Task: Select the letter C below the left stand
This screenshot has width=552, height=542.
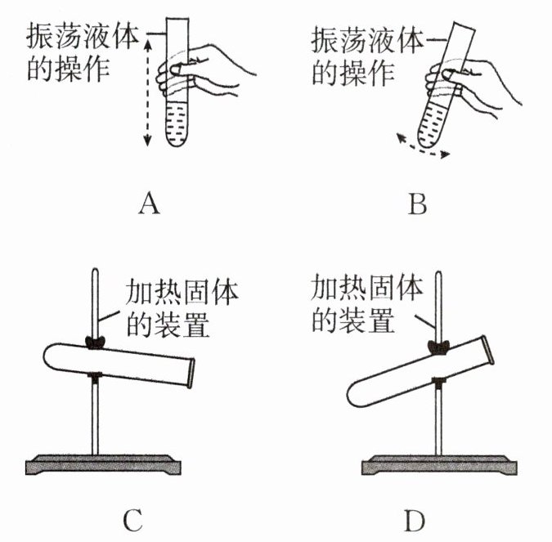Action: [x=133, y=518]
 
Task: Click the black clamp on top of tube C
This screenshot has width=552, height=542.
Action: [x=96, y=343]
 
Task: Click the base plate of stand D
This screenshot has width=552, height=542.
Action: [x=442, y=466]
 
